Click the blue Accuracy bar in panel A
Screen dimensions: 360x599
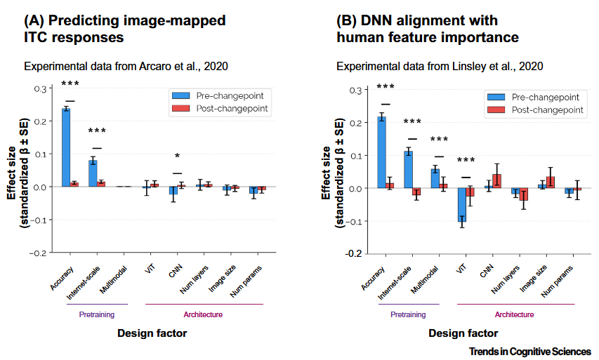(x=66, y=147)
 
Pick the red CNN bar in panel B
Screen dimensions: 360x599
(x=497, y=181)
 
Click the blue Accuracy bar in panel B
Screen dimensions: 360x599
(x=382, y=152)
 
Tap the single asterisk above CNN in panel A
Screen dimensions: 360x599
(x=178, y=157)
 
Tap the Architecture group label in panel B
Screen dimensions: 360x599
(x=514, y=314)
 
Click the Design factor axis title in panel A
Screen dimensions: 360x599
(x=152, y=333)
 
